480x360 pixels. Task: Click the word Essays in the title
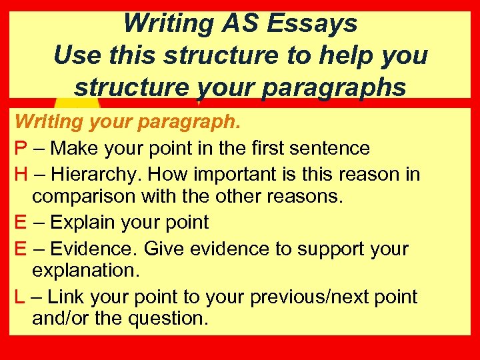tap(313, 24)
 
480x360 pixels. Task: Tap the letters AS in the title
tap(238, 24)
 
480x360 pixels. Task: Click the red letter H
tap(21, 175)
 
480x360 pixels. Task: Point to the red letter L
tap(20, 297)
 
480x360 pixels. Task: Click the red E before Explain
tap(21, 222)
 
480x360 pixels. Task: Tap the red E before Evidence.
tap(21, 249)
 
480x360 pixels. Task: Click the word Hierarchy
tap(95, 175)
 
